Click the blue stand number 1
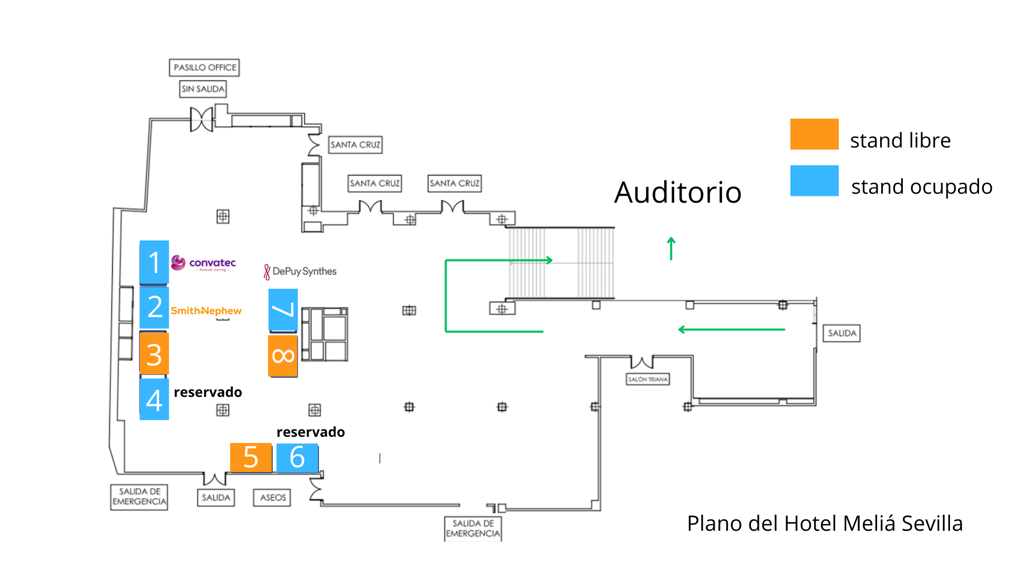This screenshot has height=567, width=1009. coord(154,262)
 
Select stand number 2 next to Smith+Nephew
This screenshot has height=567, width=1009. coord(154,307)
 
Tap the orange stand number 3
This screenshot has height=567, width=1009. coord(154,354)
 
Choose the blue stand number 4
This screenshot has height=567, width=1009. coord(154,400)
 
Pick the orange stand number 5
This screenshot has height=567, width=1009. coord(251,457)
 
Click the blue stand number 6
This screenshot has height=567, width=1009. coord(297,457)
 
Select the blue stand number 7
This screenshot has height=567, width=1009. coord(283,310)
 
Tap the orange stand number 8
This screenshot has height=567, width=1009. coord(283,356)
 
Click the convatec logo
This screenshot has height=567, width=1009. coord(204,263)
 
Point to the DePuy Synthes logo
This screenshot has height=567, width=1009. coord(300,271)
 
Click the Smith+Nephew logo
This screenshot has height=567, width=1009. coord(206,311)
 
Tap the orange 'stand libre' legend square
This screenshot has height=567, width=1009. coord(814,134)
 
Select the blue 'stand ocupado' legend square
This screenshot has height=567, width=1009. coord(814,181)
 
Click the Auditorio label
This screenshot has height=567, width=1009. coord(677,192)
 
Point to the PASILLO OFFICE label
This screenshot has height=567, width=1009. coord(204,68)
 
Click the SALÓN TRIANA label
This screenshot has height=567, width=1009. coord(647,379)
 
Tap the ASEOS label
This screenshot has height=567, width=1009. coord(272,497)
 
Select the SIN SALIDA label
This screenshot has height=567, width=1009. coord(203,89)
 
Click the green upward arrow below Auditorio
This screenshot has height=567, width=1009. coord(671,248)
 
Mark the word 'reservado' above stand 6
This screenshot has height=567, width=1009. coord(311,432)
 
